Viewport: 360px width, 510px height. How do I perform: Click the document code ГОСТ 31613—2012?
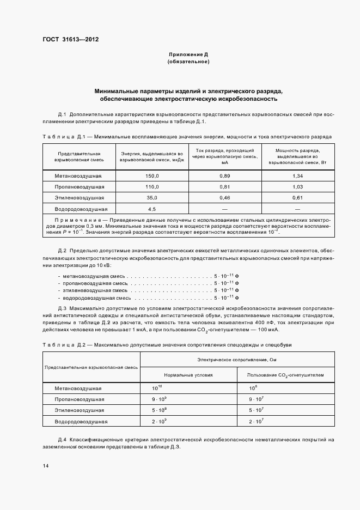pos(71,39)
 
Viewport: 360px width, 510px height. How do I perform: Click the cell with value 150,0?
pos(152,176)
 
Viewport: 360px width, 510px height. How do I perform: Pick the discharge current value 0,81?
pos(224,187)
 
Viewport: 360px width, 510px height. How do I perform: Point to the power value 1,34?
pos(297,176)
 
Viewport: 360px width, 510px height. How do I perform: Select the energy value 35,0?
pos(152,198)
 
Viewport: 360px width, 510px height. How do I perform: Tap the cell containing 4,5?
pos(152,209)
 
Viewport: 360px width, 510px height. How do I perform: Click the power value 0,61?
pos(297,198)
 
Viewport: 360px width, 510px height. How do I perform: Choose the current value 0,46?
pos(224,198)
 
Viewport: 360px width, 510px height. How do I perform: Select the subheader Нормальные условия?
pos(188,375)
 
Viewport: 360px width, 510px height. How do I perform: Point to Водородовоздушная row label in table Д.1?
pos(81,209)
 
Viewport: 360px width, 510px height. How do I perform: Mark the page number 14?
pos(45,466)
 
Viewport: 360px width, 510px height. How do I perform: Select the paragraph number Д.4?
pos(62,439)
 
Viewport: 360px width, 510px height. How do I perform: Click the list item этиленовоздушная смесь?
pos(91,291)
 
